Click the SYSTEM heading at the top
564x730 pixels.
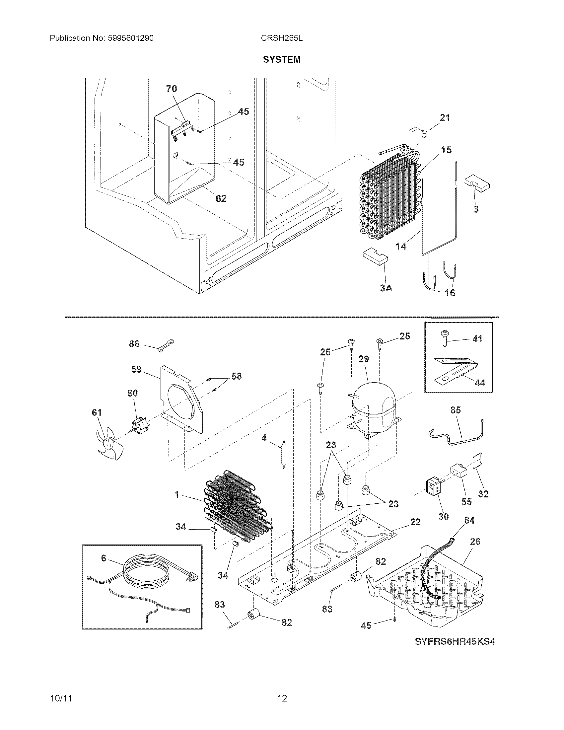click(x=282, y=59)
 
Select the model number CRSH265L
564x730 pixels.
click(x=282, y=38)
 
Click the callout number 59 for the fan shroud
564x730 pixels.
click(x=136, y=369)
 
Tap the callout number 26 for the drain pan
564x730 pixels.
click(x=475, y=541)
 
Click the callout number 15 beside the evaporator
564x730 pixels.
click(x=446, y=150)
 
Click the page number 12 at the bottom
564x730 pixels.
click(x=282, y=698)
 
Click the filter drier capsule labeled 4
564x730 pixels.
click(x=284, y=455)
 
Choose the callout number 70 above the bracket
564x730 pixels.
click(x=172, y=89)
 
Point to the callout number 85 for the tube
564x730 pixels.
click(x=456, y=410)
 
